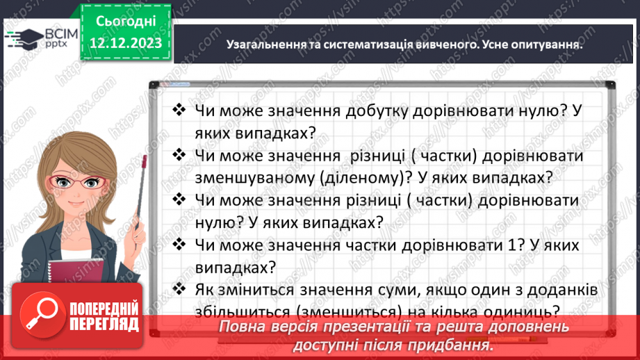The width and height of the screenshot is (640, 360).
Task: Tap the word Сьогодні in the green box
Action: [x=125, y=22]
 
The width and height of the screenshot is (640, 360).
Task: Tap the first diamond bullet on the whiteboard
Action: [x=179, y=110]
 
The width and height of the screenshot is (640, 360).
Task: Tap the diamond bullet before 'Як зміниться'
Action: [x=179, y=289]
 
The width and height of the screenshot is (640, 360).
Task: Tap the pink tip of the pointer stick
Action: [x=143, y=161]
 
